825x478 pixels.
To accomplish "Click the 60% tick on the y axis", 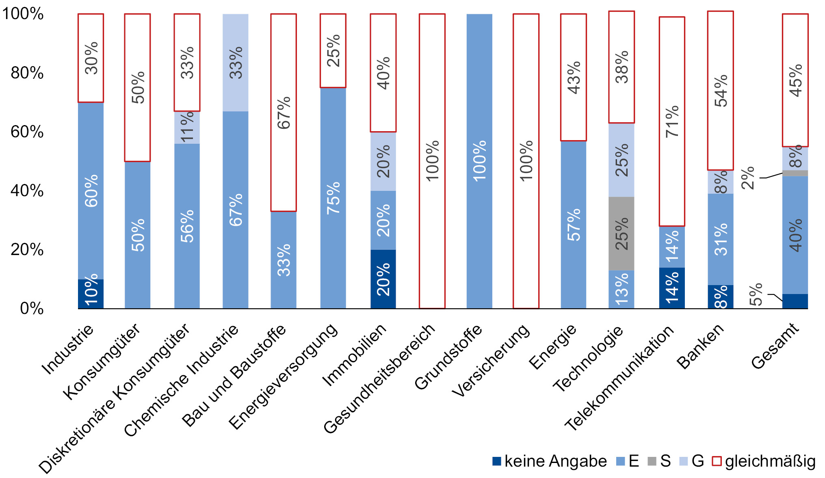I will (27, 132).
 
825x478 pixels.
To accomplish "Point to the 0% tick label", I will (32, 309).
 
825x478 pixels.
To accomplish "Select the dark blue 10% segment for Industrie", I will (91, 294).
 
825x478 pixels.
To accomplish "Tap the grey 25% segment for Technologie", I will (621, 234).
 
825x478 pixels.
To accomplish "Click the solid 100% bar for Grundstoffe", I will (479, 161).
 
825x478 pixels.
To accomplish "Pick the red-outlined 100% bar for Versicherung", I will (526, 161).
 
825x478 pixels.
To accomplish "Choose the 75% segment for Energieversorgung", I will (333, 198).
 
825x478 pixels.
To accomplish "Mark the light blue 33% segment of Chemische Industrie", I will (236, 63).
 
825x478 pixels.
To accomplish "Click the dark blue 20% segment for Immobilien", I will (383, 279).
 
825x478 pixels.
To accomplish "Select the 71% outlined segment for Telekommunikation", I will (672, 121).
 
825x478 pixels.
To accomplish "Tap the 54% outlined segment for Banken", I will (720, 91).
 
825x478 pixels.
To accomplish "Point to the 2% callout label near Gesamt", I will (748, 178).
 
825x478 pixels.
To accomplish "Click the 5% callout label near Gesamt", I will (756, 294).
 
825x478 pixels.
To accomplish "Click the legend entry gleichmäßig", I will (764, 461).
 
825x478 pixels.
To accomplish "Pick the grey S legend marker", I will (652, 461).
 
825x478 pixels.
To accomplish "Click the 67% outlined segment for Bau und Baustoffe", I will (284, 112).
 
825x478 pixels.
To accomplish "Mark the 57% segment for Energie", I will (573, 225).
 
